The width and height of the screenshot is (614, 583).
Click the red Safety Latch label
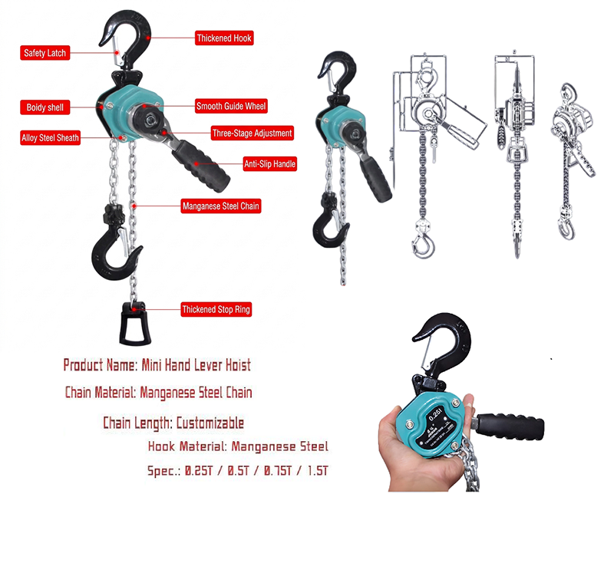pos(45,53)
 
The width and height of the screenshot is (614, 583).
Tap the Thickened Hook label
pos(223,38)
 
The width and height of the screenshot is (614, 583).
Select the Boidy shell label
pos(45,107)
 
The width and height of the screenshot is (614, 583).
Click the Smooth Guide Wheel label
pos(231,106)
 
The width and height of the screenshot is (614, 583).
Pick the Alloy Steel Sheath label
pos(50,139)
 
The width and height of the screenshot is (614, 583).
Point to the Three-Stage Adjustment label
pos(241,133)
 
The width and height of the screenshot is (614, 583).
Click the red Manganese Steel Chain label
pos(220,206)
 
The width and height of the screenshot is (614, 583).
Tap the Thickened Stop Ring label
pos(216,310)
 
